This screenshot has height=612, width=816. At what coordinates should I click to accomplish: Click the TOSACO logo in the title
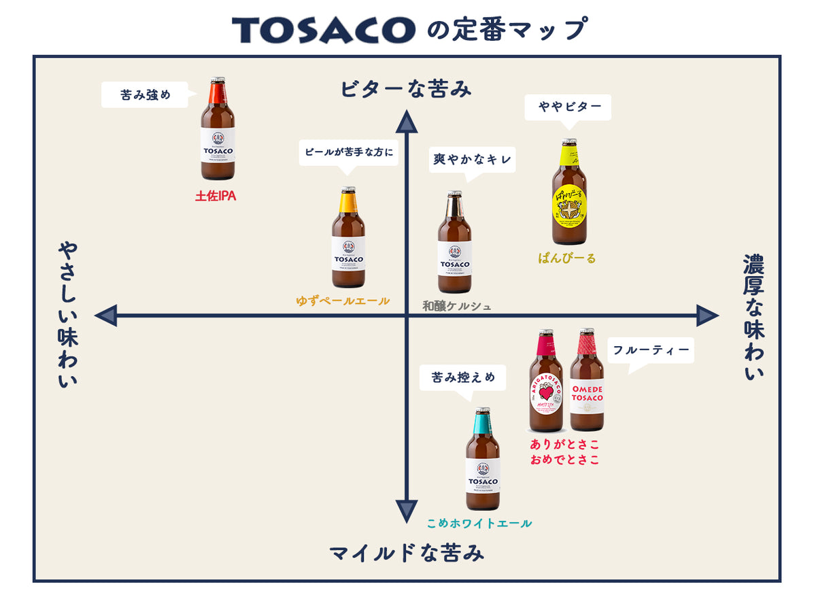(x=323, y=30)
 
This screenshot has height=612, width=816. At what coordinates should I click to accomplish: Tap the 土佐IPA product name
(x=216, y=196)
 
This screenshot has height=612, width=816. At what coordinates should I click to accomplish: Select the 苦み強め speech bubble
(x=145, y=95)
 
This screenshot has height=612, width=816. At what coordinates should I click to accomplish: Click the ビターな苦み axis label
(x=406, y=89)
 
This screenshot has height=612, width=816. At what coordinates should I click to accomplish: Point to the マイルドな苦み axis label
(x=407, y=553)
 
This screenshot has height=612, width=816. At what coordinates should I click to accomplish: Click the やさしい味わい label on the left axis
(x=67, y=315)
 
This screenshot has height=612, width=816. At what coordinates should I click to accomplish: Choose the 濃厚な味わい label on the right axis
(x=753, y=316)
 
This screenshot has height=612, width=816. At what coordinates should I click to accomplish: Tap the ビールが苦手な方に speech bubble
(x=348, y=152)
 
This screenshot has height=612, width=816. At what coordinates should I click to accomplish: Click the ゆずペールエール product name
(x=343, y=301)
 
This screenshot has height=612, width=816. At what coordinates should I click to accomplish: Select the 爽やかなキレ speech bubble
(x=473, y=160)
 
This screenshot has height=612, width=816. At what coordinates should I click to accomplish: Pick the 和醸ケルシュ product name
(x=456, y=306)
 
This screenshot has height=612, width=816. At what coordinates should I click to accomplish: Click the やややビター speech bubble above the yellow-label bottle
(x=568, y=107)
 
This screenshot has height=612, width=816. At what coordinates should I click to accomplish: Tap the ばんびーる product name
(x=566, y=258)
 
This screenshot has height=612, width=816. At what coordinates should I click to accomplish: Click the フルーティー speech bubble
(x=651, y=351)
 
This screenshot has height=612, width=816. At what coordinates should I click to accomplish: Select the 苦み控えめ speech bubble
(x=462, y=377)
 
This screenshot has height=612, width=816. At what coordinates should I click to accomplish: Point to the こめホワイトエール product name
(x=479, y=524)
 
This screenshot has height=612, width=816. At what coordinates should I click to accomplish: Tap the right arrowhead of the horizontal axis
(x=707, y=316)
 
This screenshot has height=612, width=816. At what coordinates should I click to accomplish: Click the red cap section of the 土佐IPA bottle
(x=217, y=92)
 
